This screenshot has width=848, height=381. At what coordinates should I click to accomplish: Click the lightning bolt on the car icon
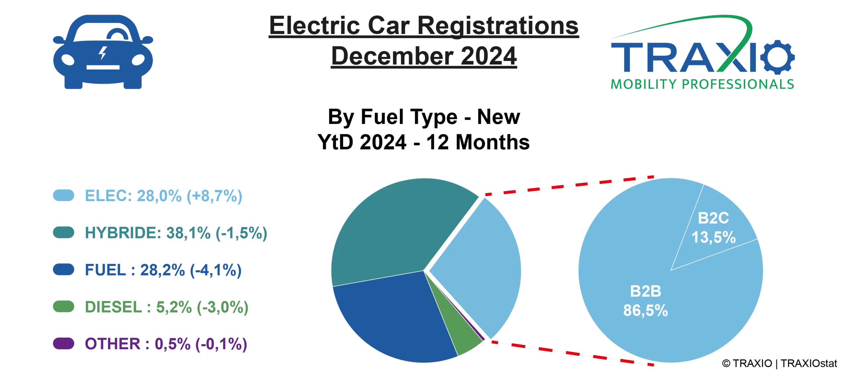click(103, 53)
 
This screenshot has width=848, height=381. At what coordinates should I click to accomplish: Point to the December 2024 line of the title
click(424, 57)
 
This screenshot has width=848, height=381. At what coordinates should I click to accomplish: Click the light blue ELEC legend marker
click(63, 195)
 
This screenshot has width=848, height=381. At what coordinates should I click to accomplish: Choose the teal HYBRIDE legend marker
click(63, 233)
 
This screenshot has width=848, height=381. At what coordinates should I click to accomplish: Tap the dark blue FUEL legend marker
click(63, 270)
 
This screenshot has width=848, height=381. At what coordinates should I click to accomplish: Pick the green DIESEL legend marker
click(63, 307)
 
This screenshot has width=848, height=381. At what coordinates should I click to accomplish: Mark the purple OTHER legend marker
click(63, 344)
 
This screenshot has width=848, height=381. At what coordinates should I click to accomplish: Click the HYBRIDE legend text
click(176, 233)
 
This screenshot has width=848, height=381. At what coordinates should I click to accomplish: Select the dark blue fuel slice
click(391, 317)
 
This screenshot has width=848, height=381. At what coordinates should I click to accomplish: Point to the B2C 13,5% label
click(714, 228)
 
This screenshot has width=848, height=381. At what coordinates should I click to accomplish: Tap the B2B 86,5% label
click(645, 301)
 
